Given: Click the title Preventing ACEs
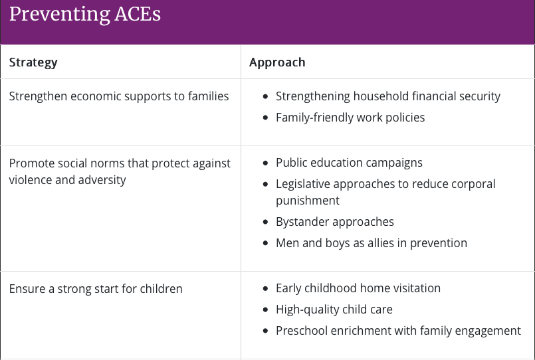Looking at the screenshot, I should pyautogui.click(x=85, y=15).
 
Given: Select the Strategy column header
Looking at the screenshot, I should pyautogui.click(x=33, y=62).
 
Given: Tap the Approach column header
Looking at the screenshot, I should pyautogui.click(x=277, y=62).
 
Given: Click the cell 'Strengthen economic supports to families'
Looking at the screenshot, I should pyautogui.click(x=119, y=96).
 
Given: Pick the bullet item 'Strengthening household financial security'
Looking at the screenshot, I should pyautogui.click(x=387, y=96).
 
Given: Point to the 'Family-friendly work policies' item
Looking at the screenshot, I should pyautogui.click(x=350, y=118).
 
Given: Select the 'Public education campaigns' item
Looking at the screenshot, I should pyautogui.click(x=349, y=163).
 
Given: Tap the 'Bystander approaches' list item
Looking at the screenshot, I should pyautogui.click(x=335, y=222).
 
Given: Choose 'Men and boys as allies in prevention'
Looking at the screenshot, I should pyautogui.click(x=371, y=243).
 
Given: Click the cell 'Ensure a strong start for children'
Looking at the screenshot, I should pyautogui.click(x=96, y=289).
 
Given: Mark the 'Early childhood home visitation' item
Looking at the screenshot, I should pyautogui.click(x=358, y=288).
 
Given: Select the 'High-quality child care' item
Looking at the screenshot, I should pyautogui.click(x=334, y=310).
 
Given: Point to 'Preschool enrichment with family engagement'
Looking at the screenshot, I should pyautogui.click(x=398, y=331).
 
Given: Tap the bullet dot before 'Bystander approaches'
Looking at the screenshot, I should pyautogui.click(x=266, y=223).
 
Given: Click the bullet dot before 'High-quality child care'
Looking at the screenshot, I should pyautogui.click(x=266, y=310).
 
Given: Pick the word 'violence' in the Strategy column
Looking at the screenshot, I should pyautogui.click(x=31, y=180).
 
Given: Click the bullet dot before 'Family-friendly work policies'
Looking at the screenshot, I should pyautogui.click(x=266, y=118).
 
